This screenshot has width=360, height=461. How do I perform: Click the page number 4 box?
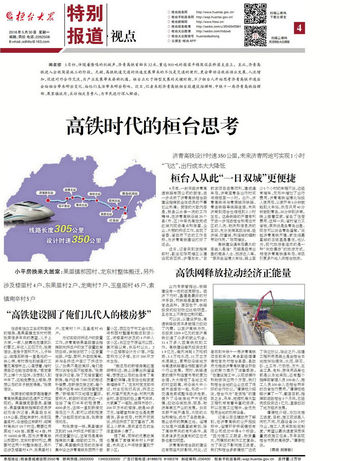point(300,28)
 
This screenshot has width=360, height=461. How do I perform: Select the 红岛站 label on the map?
point(114,220)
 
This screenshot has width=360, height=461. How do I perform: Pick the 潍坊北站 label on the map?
point(95,194)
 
